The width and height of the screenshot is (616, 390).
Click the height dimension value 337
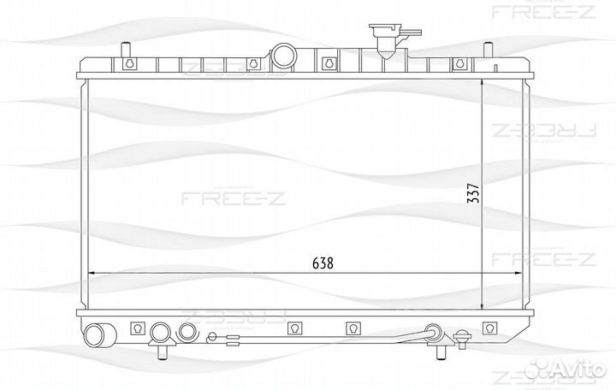pos(473,197)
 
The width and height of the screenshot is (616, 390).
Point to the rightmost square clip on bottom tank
pos(490,327)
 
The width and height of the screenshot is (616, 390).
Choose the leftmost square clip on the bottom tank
pos(135,327)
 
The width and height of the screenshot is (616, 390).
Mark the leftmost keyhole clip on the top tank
pos(130,63)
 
